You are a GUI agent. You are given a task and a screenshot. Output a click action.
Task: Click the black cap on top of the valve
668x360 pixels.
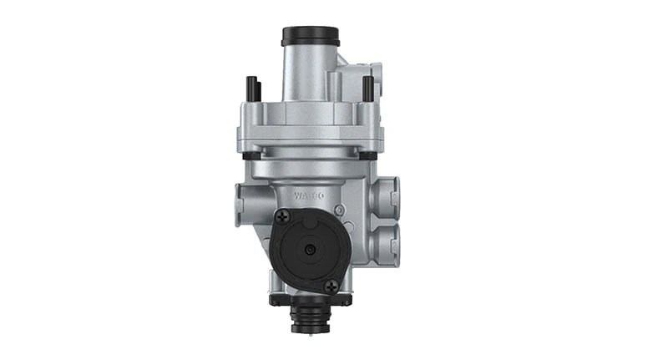tap(311, 36)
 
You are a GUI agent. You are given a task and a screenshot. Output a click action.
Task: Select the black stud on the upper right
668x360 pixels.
tap(367, 87)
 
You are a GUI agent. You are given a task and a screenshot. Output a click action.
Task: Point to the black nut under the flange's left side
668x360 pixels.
tap(250, 155)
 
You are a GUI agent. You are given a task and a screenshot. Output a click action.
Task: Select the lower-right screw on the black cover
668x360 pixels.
tap(332, 285)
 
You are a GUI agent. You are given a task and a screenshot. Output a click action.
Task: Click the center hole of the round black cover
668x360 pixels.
tap(309, 250)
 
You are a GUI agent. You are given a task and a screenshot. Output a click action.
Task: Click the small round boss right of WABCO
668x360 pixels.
tap(339, 208)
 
